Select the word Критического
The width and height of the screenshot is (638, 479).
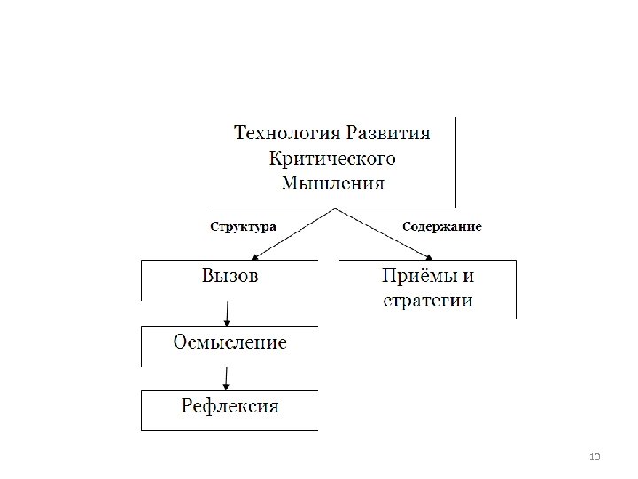(x=332, y=160)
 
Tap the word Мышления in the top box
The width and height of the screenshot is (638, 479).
(x=332, y=184)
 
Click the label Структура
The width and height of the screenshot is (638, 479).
(x=243, y=226)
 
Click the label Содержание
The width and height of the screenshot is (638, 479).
(x=442, y=226)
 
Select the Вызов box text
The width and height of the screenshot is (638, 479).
(x=230, y=276)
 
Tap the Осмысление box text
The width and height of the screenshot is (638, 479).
(x=230, y=342)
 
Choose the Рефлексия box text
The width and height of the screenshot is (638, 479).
(x=230, y=407)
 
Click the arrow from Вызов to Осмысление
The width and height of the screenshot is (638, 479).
(x=229, y=312)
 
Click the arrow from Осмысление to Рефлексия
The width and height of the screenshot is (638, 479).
(x=229, y=377)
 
